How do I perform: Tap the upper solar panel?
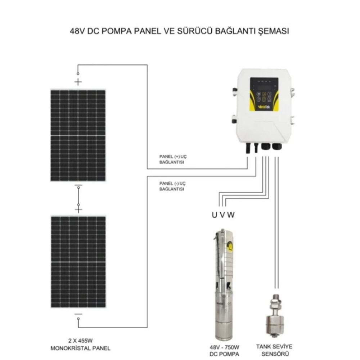click(78, 135)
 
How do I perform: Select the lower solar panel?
click(78, 262)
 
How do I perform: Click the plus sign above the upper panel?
click(78, 82)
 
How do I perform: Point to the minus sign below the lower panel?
click(78, 314)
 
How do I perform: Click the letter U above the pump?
click(214, 216)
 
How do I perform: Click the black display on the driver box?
click(264, 85)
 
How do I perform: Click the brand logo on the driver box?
click(264, 107)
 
